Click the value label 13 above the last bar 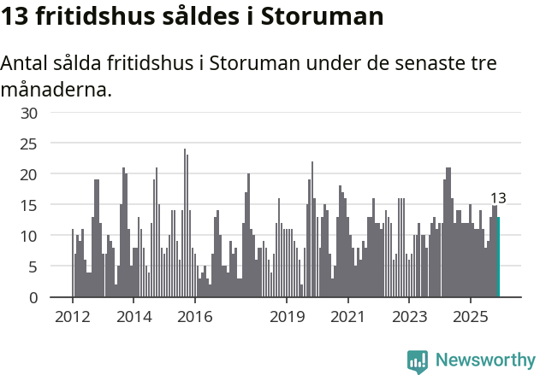coord(498,198)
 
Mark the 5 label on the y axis coord(33,267)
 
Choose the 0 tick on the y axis coord(33,297)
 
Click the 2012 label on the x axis coord(72,317)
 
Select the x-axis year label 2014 coord(134,317)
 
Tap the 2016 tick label coord(195,317)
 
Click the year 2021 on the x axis coord(348,317)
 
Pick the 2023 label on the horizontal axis coord(409,317)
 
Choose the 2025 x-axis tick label coord(471,317)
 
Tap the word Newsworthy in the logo coord(485,360)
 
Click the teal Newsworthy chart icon coord(418,361)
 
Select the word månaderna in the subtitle coord(56,90)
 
